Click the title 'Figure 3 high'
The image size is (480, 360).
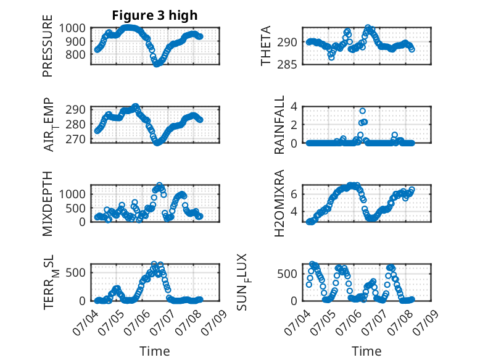pyautogui.click(x=155, y=15)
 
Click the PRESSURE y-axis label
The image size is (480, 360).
pyautogui.click(x=48, y=46)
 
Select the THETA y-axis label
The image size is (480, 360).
pyautogui.click(x=266, y=46)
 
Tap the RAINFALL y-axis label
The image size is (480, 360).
pyautogui.click(x=279, y=125)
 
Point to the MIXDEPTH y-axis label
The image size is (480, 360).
pyautogui.click(x=48, y=204)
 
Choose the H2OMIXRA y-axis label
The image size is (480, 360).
pyautogui.click(x=279, y=203)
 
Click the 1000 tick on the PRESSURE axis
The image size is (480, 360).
pyautogui.click(x=72, y=28)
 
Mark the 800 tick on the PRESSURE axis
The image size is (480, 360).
pyautogui.click(x=76, y=54)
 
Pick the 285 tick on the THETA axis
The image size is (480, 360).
pyautogui.click(x=287, y=65)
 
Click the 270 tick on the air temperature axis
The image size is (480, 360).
pyautogui.click(x=76, y=139)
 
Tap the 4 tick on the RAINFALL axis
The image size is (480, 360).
pyautogui.click(x=294, y=107)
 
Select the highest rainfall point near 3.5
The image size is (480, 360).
pyautogui.click(x=362, y=111)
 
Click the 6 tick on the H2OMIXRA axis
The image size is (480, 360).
pyautogui.click(x=294, y=194)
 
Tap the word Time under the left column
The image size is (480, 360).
pyautogui.click(x=155, y=351)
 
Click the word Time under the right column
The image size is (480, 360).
pyautogui.click(x=366, y=351)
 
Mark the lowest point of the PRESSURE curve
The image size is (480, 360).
pyautogui.click(x=157, y=64)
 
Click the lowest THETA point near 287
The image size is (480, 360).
pyautogui.click(x=331, y=57)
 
